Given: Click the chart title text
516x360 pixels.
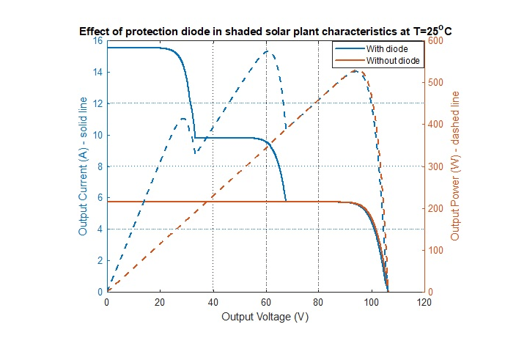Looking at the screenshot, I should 265,33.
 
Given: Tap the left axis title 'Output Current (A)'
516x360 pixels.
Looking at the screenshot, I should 83,166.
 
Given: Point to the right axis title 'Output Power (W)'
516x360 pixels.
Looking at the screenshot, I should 455,166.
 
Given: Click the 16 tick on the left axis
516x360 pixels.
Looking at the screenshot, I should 97,41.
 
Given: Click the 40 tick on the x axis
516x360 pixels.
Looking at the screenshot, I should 213,301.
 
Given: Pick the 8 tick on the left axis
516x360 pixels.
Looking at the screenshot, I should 100,166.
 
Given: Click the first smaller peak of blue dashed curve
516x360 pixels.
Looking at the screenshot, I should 183,118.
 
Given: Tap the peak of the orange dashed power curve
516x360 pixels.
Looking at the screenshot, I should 355,71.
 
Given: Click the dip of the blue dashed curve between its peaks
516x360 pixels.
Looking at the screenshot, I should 195,153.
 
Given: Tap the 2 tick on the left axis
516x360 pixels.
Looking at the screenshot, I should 100,260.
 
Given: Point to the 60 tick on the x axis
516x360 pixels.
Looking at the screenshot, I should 265,301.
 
